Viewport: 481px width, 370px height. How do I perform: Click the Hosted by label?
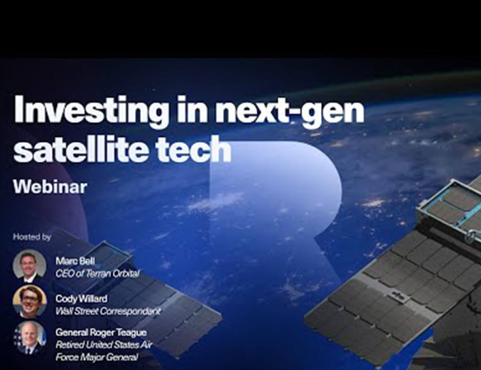(x=32, y=237)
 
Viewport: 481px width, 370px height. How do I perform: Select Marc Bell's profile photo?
(x=30, y=266)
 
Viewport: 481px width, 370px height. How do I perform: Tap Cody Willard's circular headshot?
(x=30, y=301)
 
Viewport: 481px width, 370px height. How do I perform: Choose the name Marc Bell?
(x=75, y=261)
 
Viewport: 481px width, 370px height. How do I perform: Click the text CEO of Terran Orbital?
(x=97, y=274)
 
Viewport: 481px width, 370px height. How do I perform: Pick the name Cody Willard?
(x=81, y=299)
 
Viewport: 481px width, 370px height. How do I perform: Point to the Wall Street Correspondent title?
(x=108, y=312)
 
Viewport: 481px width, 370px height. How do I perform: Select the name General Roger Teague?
(x=101, y=332)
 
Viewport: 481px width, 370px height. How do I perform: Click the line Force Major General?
(x=97, y=357)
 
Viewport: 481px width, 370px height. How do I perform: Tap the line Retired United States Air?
(x=104, y=345)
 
